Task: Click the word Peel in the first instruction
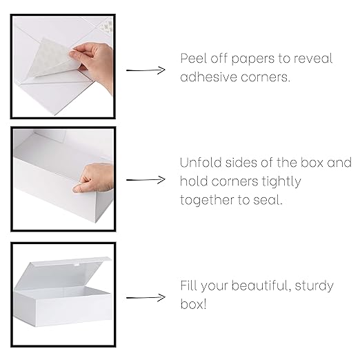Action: click(193, 59)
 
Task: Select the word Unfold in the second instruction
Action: click(199, 164)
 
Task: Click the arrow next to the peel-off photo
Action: click(146, 70)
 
